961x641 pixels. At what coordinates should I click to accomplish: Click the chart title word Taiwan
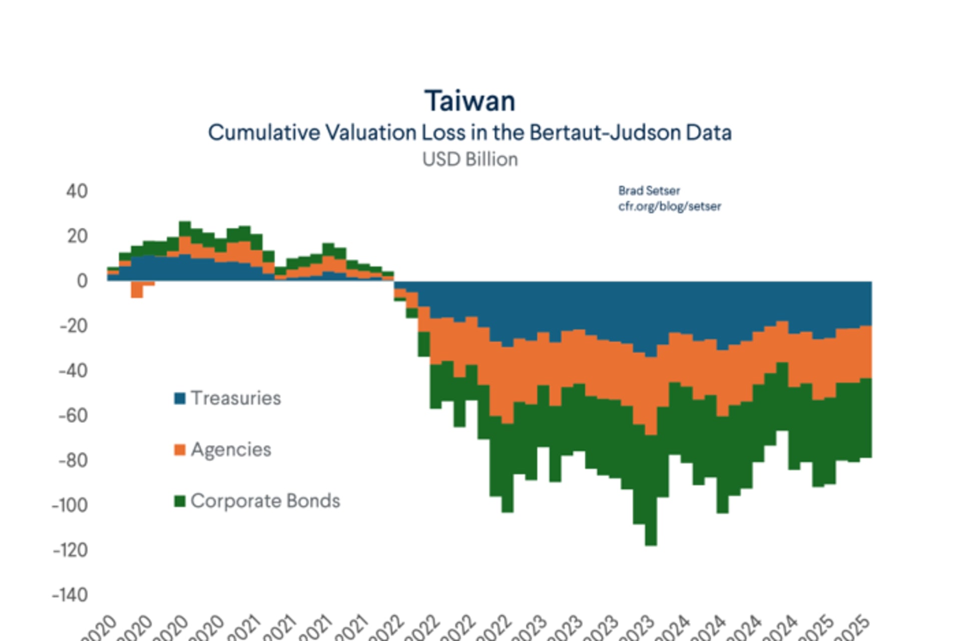469,101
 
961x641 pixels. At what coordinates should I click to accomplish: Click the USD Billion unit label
469,159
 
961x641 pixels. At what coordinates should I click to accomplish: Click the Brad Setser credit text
649,191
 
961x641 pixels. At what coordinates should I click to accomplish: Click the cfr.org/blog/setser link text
669,206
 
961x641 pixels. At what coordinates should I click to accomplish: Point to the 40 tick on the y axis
77,191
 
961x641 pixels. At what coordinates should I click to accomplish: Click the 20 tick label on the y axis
77,236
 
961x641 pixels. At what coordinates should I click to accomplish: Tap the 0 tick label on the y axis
82,281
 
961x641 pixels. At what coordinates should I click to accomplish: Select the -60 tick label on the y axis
73,415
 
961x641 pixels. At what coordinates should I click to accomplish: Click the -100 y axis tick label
70,505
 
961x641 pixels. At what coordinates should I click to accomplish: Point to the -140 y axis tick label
70,594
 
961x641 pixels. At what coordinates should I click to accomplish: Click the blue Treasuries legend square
180,398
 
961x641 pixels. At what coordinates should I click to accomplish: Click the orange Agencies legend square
180,449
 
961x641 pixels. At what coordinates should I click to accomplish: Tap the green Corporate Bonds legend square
180,501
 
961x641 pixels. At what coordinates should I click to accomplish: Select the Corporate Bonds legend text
265,501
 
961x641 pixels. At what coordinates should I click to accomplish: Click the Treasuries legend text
236,398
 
